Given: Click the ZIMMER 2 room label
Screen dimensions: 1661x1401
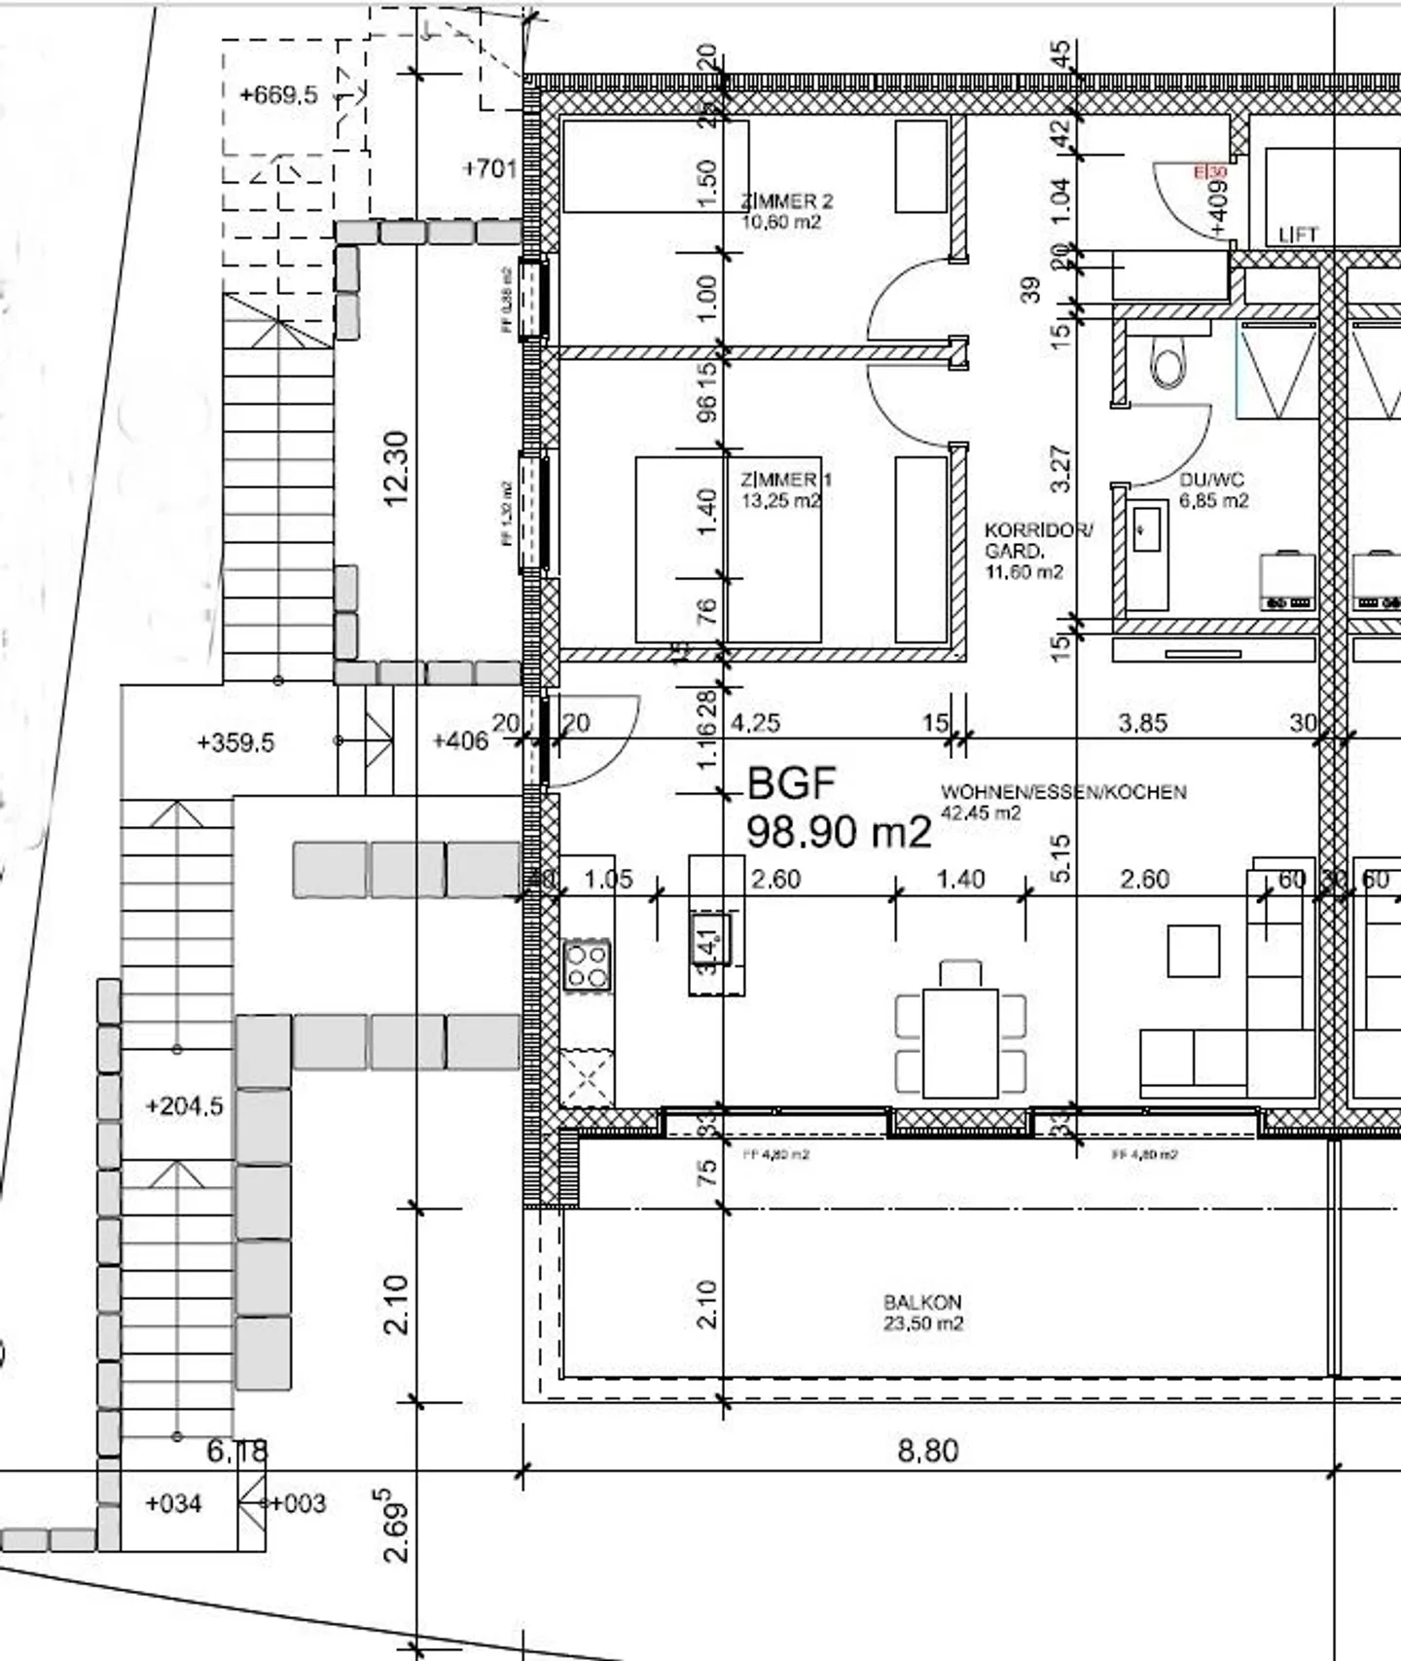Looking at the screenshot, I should [x=786, y=211].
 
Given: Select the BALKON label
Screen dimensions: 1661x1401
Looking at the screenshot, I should [x=922, y=1312].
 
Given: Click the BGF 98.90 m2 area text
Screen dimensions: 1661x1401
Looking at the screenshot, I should [x=838, y=809].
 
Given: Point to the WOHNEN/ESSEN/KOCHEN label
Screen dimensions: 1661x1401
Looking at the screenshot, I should [x=1062, y=801].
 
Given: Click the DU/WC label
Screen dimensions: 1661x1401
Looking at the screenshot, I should [x=1212, y=490].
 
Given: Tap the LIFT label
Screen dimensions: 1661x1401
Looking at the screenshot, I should [x=1298, y=235].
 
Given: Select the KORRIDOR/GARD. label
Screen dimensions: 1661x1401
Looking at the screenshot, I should [x=1037, y=551].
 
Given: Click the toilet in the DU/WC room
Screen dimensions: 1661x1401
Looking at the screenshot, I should [x=1167, y=362].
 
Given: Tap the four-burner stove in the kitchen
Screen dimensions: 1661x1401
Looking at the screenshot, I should [x=588, y=964].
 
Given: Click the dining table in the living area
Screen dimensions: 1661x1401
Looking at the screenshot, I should [x=960, y=1042].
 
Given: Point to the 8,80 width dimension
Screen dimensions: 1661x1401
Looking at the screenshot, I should [x=927, y=1451].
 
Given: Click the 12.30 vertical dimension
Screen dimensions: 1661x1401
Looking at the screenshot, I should [x=397, y=469].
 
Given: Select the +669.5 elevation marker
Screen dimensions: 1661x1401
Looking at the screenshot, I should [x=278, y=95].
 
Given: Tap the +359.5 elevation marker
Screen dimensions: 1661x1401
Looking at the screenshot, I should [x=235, y=742].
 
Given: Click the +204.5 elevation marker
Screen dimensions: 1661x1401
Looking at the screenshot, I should [x=184, y=1106].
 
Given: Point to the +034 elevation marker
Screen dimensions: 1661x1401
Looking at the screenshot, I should [x=173, y=1503].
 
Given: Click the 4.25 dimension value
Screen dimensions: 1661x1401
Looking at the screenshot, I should [x=755, y=723].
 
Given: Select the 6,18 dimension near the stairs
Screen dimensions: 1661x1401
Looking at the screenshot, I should [x=236, y=1451].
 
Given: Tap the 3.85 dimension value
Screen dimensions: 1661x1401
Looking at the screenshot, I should [x=1142, y=723].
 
